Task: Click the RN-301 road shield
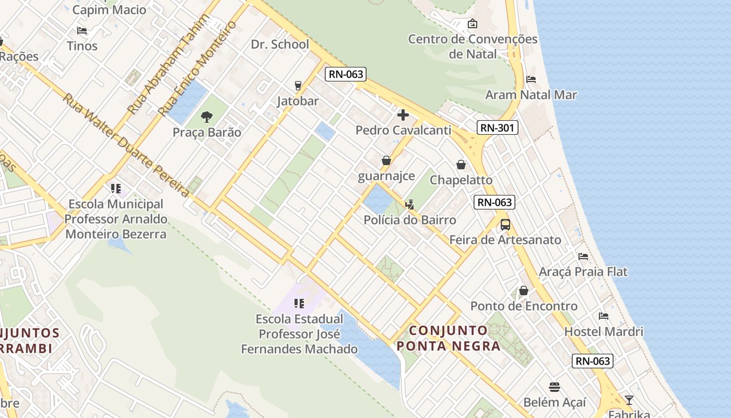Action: pos(497,127)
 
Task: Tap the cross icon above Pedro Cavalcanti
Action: pos(403,115)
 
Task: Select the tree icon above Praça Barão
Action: pos(207,117)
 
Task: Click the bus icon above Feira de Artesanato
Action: pos(505,225)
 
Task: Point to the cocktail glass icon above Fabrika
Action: pos(629,400)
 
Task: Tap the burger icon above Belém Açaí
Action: pos(555,387)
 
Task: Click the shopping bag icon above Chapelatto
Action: pos(461,165)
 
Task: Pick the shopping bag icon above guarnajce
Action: pos(386,160)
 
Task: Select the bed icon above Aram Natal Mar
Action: pos(531,79)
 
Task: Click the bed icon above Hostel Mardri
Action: pos(604,316)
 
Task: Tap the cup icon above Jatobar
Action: pos(298,85)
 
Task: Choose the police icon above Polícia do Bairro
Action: pos(410,204)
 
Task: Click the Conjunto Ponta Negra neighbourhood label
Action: pos(449,338)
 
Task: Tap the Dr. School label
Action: pos(280,44)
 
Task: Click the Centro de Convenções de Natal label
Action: pos(473,47)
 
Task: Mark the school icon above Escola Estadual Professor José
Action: pos(299,304)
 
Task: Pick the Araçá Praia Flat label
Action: pos(583,272)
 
